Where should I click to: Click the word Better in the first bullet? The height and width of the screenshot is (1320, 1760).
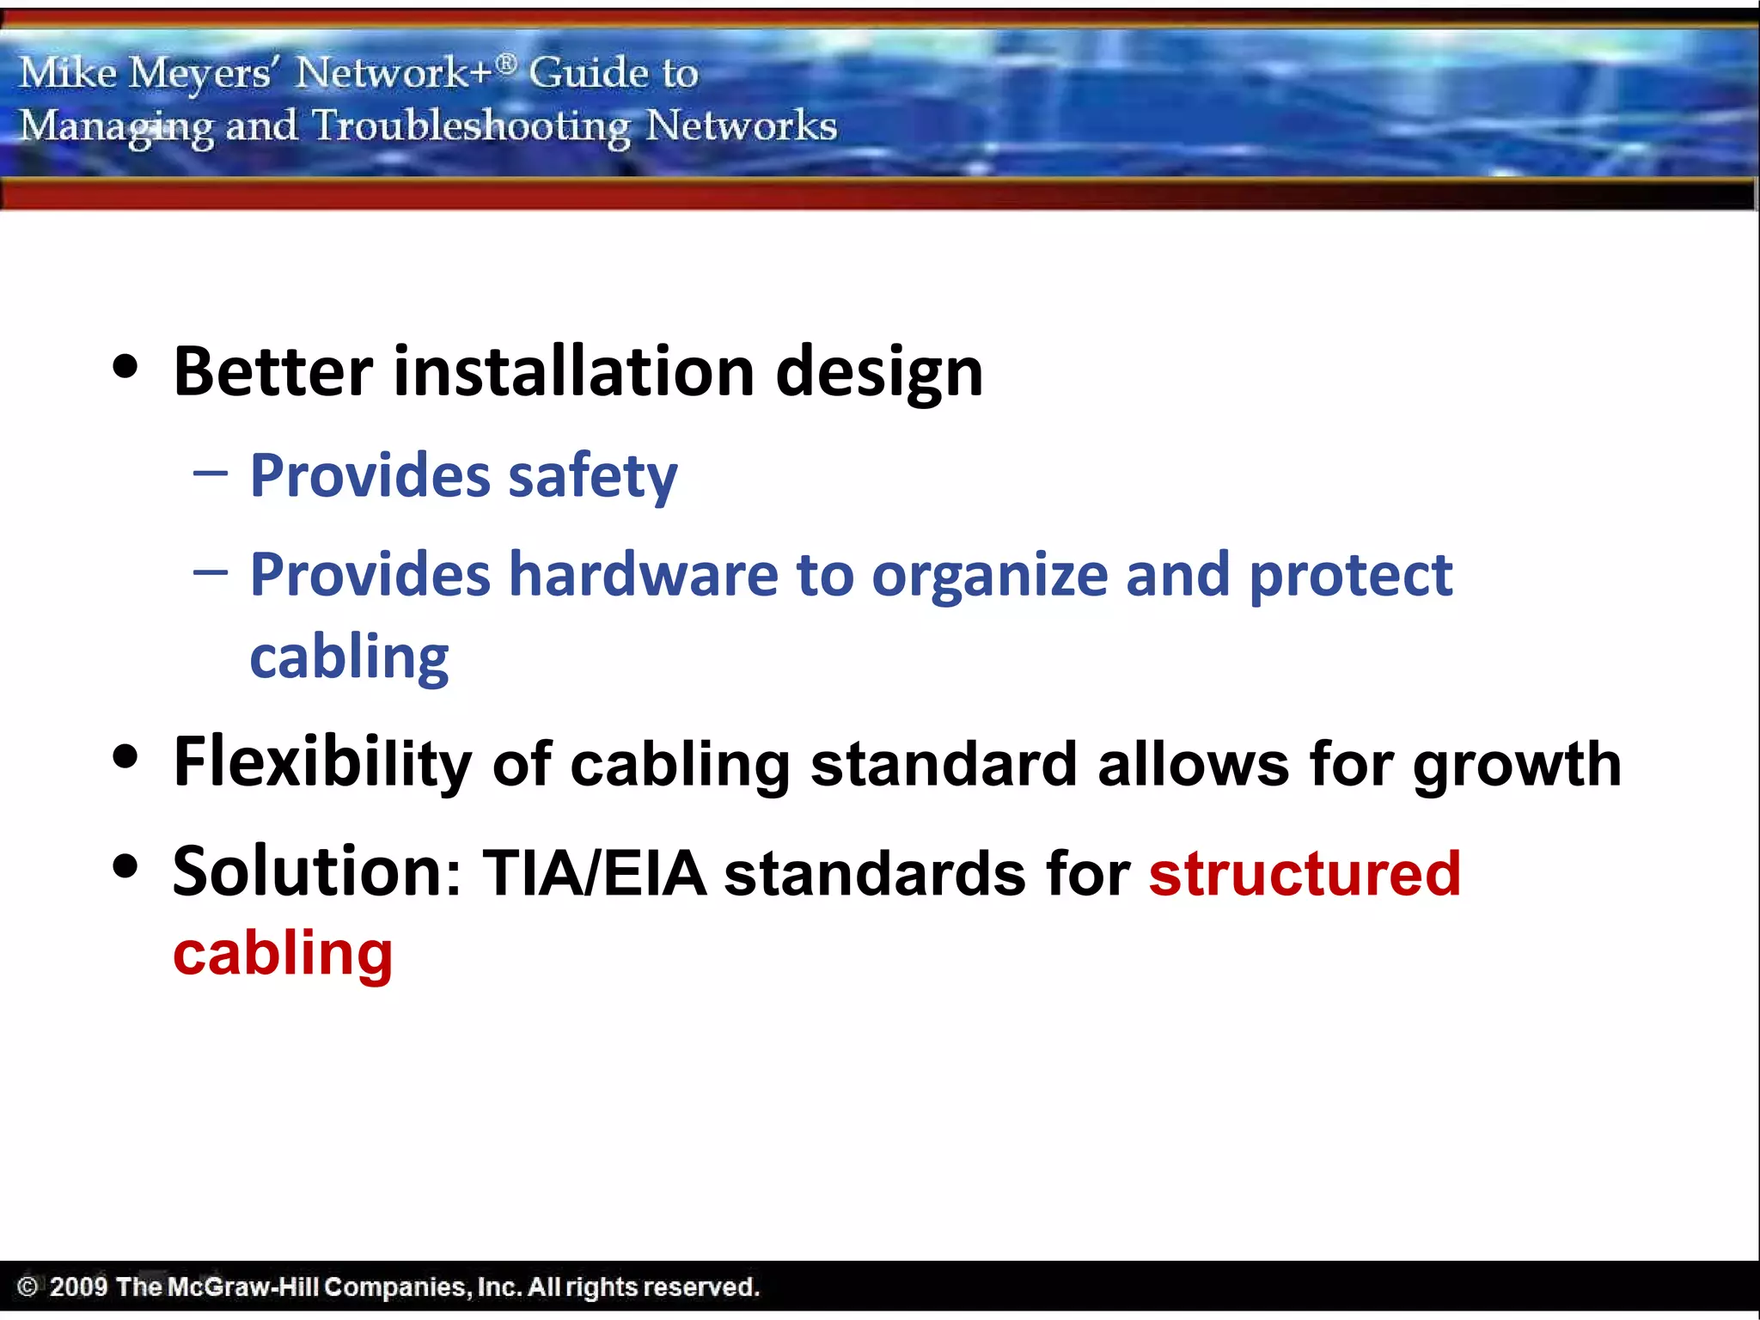point(272,371)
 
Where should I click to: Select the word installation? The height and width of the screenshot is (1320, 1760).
point(574,371)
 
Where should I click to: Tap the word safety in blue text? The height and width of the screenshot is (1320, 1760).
point(592,477)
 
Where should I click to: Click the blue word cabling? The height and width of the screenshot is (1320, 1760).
point(349,658)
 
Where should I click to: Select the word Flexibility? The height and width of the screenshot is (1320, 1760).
point(322,764)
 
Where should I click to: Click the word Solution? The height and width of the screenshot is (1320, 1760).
point(317,872)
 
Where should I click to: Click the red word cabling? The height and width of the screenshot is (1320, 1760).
point(283,955)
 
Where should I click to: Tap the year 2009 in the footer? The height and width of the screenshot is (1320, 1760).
point(78,1286)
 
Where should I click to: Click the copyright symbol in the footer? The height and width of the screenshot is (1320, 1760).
point(27,1286)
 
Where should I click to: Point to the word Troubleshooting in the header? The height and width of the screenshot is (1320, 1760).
point(471,127)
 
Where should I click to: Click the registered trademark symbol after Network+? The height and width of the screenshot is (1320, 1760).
point(507,63)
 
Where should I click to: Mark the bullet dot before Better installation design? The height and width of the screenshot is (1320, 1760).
point(125,367)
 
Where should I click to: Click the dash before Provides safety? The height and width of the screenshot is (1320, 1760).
point(211,473)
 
